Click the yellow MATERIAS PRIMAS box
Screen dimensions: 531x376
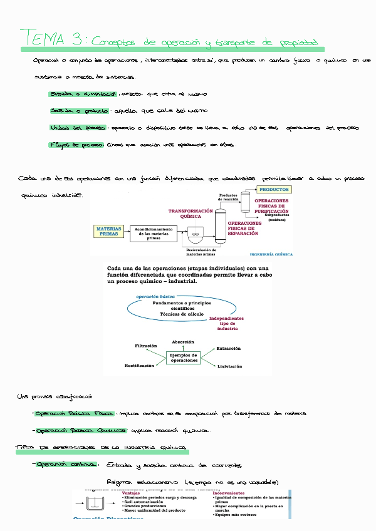[x=109, y=232]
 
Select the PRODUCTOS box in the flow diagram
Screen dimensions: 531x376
[x=274, y=189]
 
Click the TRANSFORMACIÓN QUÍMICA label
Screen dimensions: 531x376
[x=191, y=215]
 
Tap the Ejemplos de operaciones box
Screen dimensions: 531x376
[x=184, y=358]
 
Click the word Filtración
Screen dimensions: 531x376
[x=146, y=346]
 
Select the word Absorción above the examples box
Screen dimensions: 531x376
[x=183, y=342]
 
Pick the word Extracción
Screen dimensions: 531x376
[x=228, y=348]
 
